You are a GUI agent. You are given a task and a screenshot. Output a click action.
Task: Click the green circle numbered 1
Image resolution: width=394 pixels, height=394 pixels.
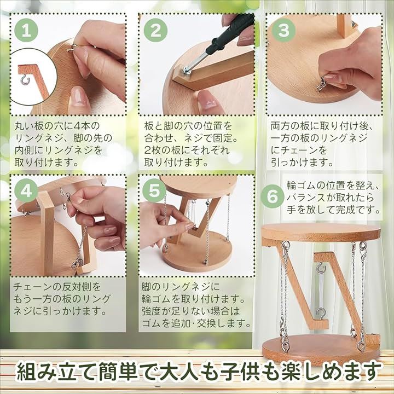(x=27, y=30)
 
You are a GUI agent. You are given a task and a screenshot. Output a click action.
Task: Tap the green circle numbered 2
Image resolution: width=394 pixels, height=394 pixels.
(x=155, y=30)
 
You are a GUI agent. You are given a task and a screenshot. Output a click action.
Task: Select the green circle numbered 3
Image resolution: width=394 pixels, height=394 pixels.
(x=283, y=30)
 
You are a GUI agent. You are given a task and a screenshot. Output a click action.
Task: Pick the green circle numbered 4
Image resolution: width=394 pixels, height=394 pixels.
(x=27, y=191)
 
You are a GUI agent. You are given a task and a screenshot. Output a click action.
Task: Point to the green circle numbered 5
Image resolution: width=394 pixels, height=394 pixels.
(x=154, y=191)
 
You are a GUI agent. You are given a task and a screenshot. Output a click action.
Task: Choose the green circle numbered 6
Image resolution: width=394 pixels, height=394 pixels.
(x=272, y=197)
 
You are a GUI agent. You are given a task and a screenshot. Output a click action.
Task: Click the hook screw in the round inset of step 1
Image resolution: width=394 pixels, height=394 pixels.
(x=25, y=80)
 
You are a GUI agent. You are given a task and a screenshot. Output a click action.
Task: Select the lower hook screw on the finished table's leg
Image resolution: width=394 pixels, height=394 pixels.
(x=322, y=314)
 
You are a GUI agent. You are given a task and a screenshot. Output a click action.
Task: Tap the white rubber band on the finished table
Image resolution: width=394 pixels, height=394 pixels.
(x=322, y=291)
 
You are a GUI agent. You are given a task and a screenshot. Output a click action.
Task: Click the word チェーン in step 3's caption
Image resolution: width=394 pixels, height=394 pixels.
(x=299, y=150)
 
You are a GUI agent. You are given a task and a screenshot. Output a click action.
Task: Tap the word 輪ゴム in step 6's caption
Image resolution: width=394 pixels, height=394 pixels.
(x=302, y=186)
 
